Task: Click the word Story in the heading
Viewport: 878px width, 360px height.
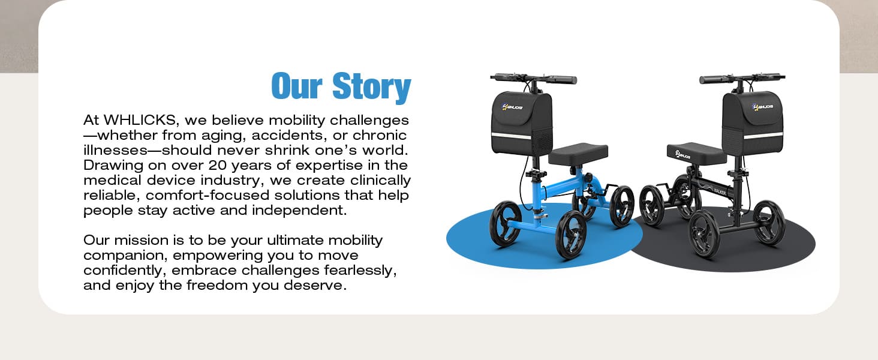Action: [371, 87]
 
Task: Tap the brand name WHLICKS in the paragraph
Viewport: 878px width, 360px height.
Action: [139, 120]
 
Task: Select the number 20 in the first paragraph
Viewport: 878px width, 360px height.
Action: [217, 165]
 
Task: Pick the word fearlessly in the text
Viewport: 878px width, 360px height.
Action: [360, 271]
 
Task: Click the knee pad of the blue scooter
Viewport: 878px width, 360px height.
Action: [578, 154]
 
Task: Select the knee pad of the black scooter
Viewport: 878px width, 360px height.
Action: [696, 154]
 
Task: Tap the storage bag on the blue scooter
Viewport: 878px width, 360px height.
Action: [522, 124]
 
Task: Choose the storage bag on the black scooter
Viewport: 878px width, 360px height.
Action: [753, 123]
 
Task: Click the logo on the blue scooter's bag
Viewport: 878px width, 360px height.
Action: [512, 107]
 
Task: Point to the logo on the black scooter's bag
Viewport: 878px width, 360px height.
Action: [763, 106]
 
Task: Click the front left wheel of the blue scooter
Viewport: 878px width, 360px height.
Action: [505, 224]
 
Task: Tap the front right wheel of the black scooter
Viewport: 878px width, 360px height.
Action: [769, 223]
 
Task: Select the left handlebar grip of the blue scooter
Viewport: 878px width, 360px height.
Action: [502, 77]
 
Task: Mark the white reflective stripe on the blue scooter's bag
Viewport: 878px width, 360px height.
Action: [512, 136]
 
